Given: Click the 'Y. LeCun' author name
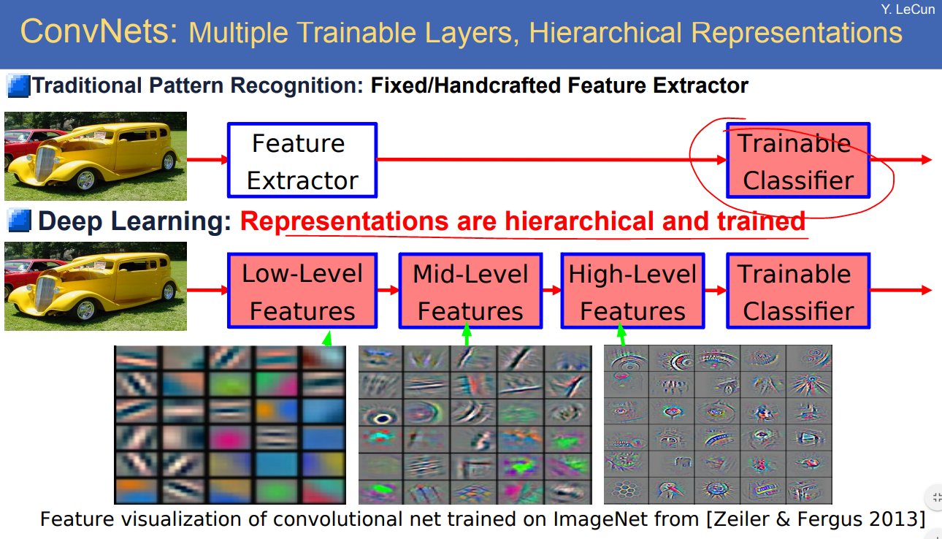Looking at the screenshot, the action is [908, 9].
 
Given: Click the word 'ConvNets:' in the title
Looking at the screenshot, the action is [99, 31].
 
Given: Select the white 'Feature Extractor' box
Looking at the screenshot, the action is [302, 160].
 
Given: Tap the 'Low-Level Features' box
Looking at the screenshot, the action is [302, 291].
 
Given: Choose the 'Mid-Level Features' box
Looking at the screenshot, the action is [470, 291].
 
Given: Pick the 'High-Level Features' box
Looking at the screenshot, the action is [633, 291].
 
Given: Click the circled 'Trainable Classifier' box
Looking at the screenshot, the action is [798, 160].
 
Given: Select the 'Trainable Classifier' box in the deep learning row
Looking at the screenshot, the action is [798, 291].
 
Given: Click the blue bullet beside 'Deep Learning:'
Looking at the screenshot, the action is [19, 221].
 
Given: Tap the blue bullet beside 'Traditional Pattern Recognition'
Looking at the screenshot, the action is [19, 86].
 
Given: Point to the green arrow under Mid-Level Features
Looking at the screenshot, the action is [467, 335].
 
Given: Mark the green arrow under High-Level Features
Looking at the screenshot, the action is [622, 335].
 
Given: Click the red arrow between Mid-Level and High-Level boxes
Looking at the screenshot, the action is [552, 291].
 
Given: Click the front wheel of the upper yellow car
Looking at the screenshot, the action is [85, 180].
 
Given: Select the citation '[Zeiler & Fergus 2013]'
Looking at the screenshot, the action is [816, 519].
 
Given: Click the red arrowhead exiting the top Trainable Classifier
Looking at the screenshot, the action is [927, 160].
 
